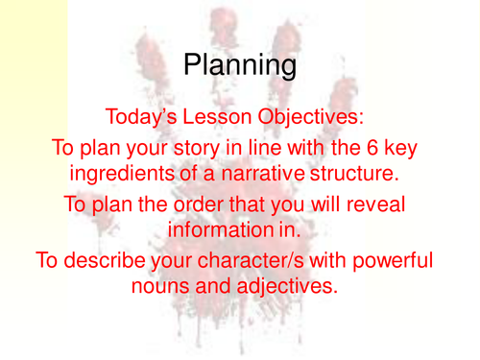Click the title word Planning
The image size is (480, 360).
240,65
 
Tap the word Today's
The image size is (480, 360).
149,119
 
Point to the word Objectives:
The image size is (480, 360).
309,119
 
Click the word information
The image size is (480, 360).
218,230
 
